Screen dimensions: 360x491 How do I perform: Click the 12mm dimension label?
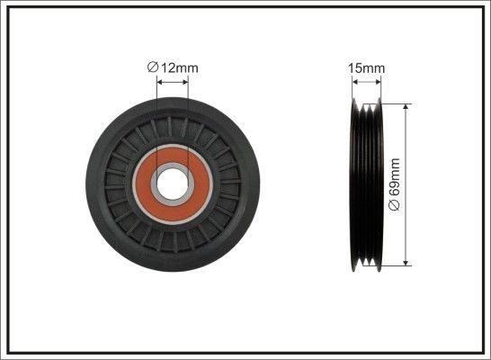(x=177, y=66)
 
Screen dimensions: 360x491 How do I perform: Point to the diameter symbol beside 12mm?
(x=152, y=66)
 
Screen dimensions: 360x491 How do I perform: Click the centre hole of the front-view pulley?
(x=173, y=184)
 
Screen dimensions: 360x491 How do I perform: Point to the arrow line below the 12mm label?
(x=173, y=81)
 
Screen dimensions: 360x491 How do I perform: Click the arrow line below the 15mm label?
(x=367, y=81)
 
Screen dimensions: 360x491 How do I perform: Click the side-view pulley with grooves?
(x=367, y=184)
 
